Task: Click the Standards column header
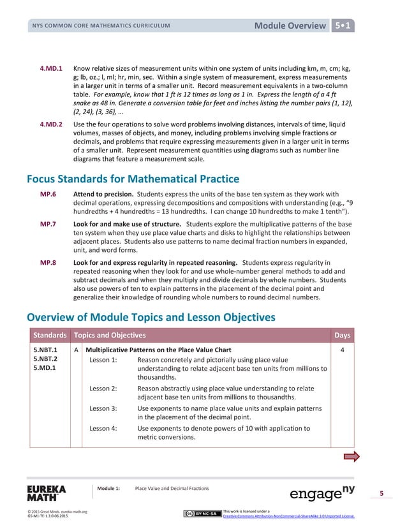coord(50,336)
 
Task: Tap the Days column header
coord(342,336)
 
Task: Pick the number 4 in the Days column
coord(343,350)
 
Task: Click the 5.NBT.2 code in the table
coord(45,359)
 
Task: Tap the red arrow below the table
coord(352,456)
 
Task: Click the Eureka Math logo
coord(47,493)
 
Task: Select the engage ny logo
coord(322,493)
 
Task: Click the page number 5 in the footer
coord(381,493)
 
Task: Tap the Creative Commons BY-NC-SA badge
coord(202,514)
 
